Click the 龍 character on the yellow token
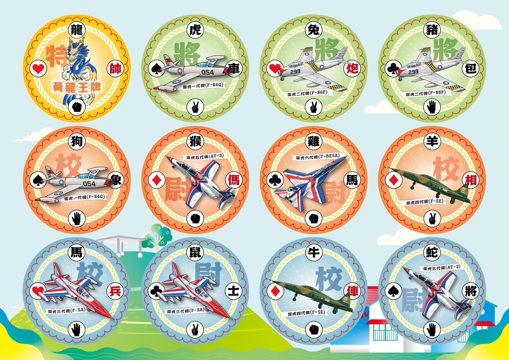click(77, 30)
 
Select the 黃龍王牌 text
click(77, 87)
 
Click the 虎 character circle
click(195, 30)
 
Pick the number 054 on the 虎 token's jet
click(208, 73)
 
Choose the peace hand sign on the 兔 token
click(314, 107)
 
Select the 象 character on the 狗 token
click(116, 180)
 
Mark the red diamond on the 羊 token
click(393, 180)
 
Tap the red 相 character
click(471, 180)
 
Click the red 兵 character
click(116, 291)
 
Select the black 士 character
click(234, 291)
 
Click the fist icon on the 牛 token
click(314, 329)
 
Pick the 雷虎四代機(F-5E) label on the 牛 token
click(307, 313)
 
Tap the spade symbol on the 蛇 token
click(393, 291)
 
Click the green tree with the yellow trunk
click(157, 236)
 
